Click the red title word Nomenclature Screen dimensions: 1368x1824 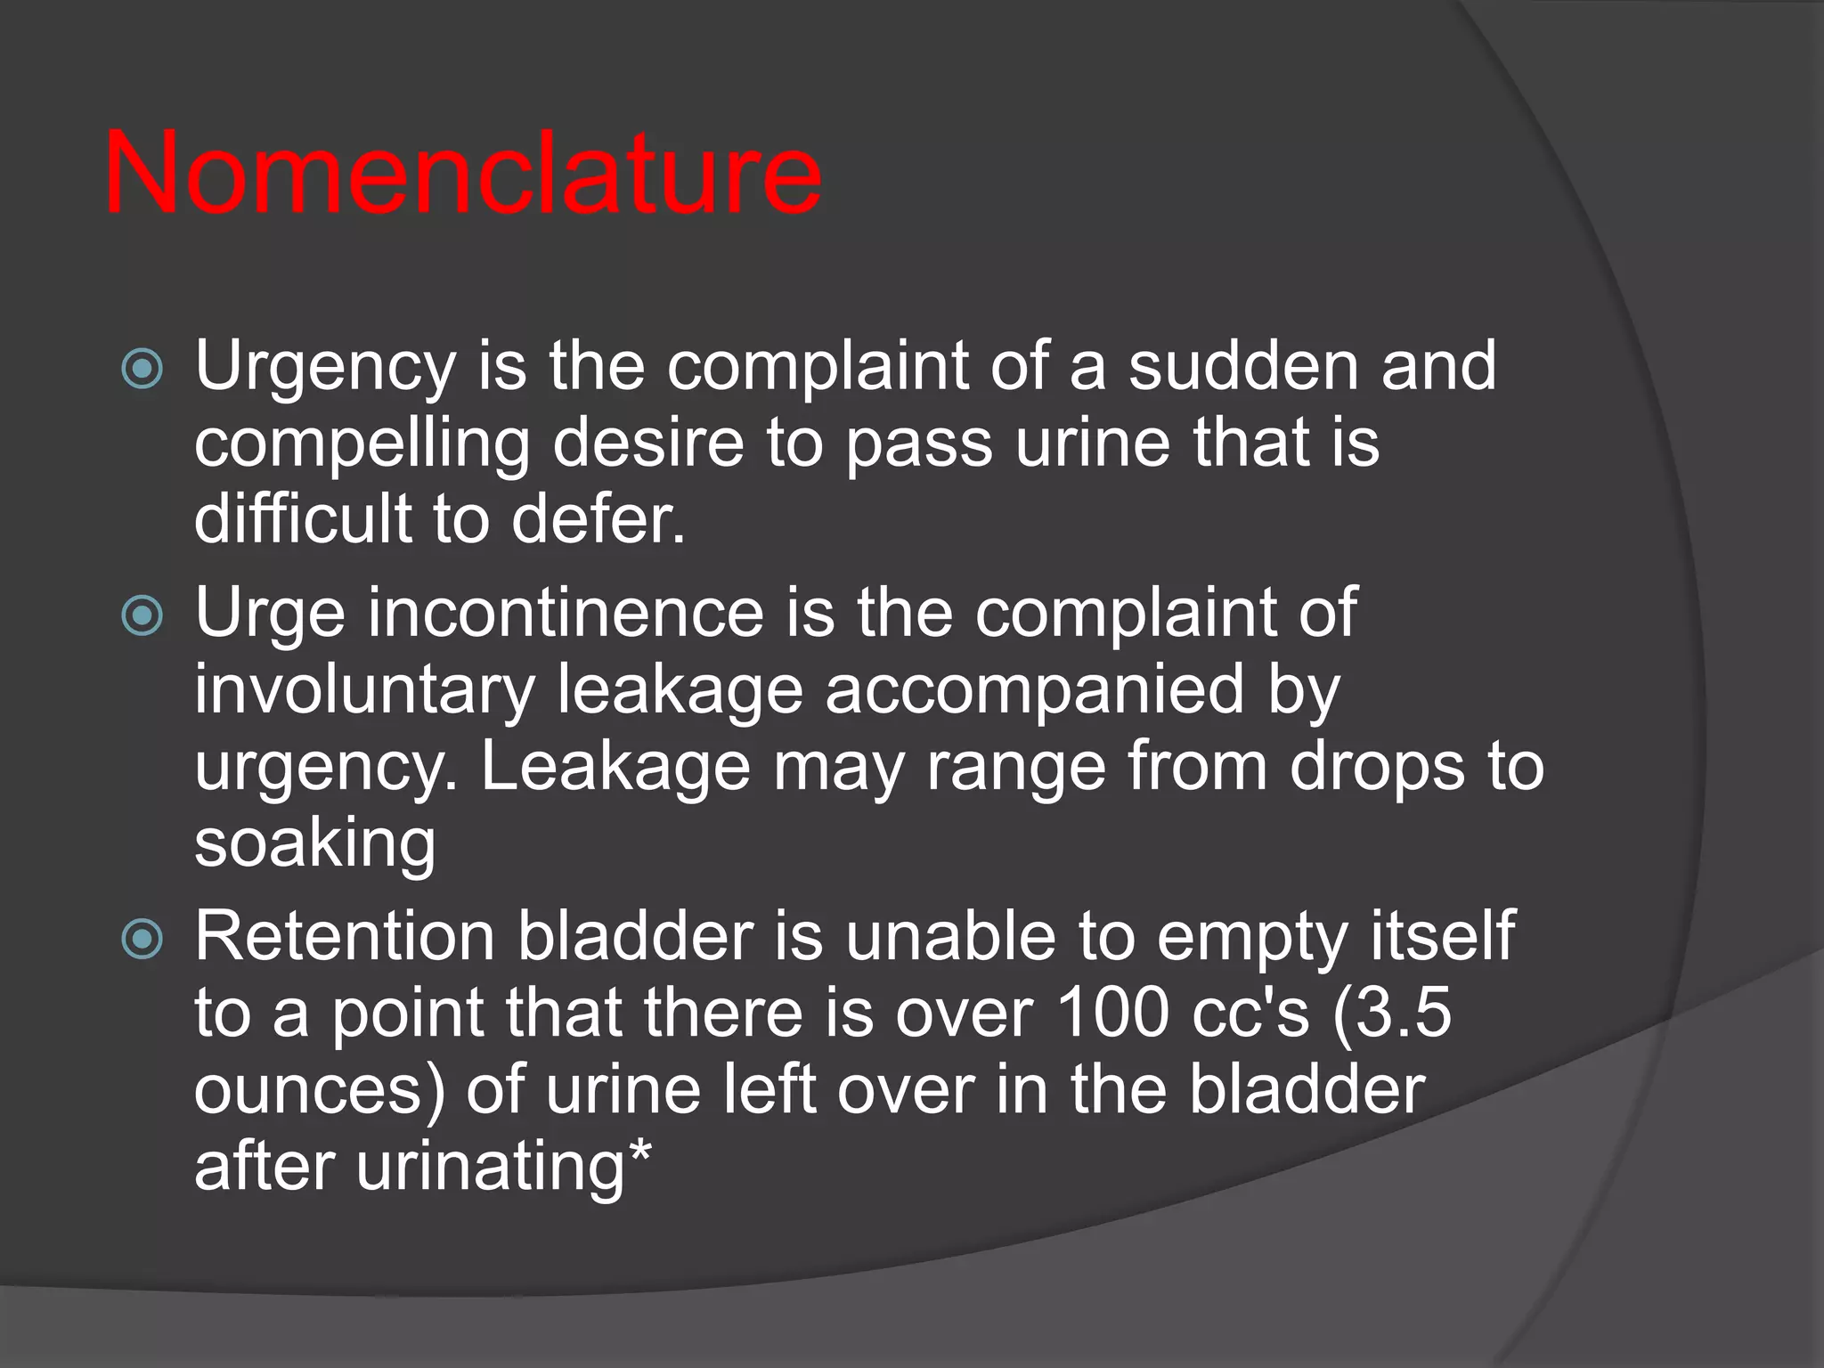pyautogui.click(x=462, y=173)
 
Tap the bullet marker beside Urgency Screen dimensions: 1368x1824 pyautogui.click(x=142, y=368)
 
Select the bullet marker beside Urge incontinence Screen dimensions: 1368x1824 pyautogui.click(x=142, y=615)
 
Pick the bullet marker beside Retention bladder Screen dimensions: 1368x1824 pyautogui.click(x=142, y=938)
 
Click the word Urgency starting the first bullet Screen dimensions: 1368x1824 pyautogui.click(x=325, y=368)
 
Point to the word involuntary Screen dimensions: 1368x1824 pyautogui.click(x=365, y=691)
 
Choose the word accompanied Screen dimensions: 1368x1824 pyautogui.click(x=1034, y=691)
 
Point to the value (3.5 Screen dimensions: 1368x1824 pyautogui.click(x=1393, y=1014)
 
